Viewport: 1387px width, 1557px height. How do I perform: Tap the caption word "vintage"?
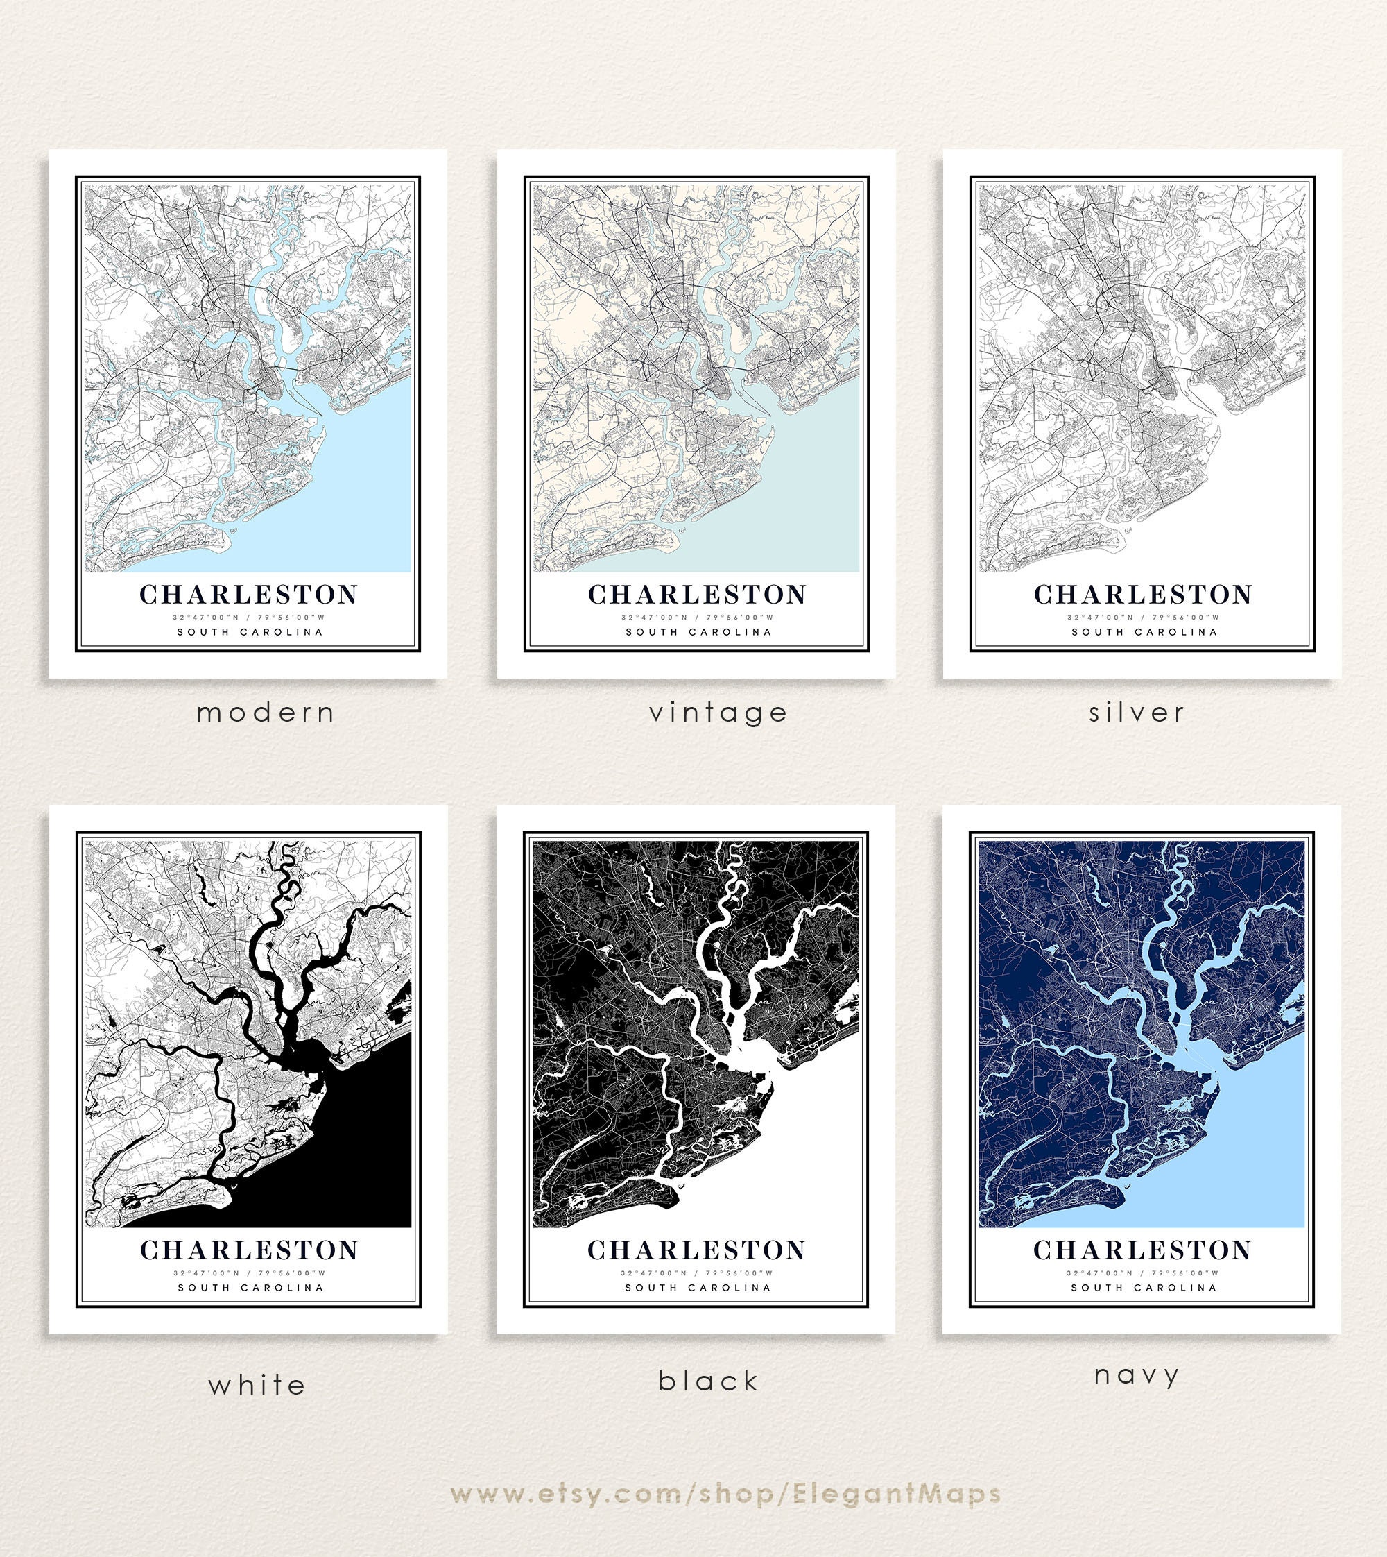[x=718, y=713]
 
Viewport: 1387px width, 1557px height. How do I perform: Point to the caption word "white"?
[x=257, y=1385]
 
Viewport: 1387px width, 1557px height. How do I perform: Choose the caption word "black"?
[x=709, y=1381]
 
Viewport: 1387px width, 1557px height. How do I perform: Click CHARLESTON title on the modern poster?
[x=248, y=594]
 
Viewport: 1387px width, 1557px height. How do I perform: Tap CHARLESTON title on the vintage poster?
[x=696, y=594]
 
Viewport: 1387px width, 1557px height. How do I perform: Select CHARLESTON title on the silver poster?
[x=1142, y=594]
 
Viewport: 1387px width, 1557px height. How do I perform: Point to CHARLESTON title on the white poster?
[x=249, y=1250]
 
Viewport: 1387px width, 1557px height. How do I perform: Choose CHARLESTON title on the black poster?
[x=696, y=1250]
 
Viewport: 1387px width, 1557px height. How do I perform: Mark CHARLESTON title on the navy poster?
[x=1142, y=1250]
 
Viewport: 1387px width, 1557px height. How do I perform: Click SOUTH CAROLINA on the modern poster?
[x=250, y=631]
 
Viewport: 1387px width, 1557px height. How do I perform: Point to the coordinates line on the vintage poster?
[x=696, y=618]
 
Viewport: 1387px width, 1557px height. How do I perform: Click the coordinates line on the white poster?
[x=249, y=1273]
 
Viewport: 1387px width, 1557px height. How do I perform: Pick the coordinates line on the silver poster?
[x=1142, y=618]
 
